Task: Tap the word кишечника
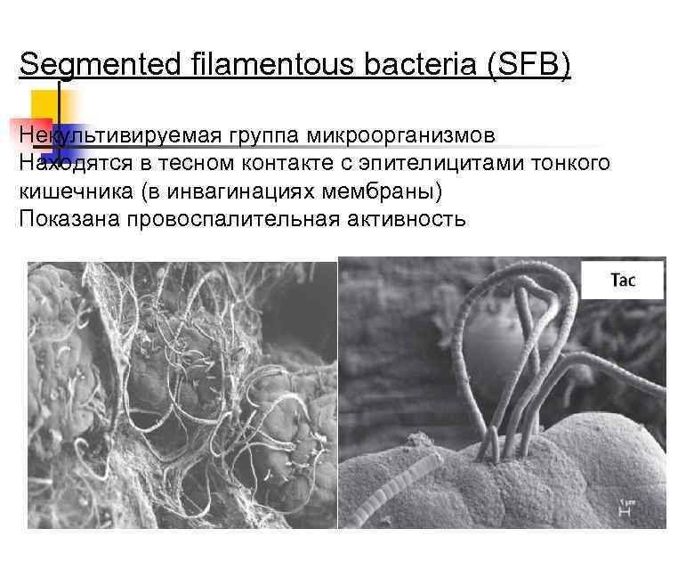click(69, 191)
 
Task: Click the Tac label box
click(623, 280)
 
